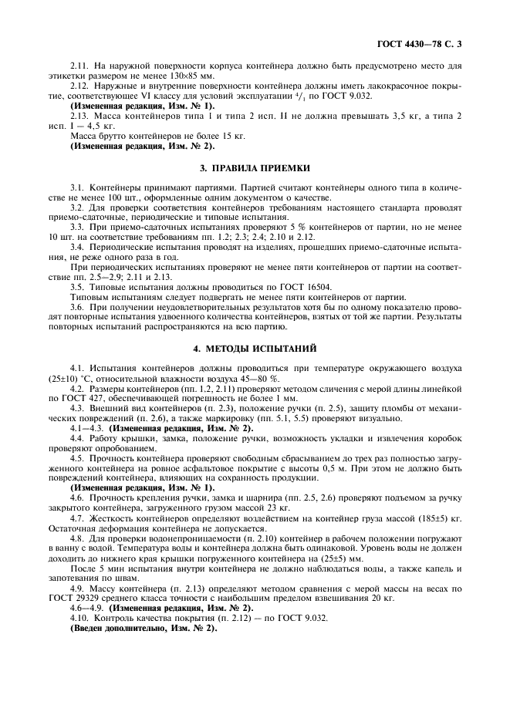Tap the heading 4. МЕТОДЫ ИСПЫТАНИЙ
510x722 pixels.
click(x=255, y=349)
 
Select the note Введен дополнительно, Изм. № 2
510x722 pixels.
click(x=144, y=629)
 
